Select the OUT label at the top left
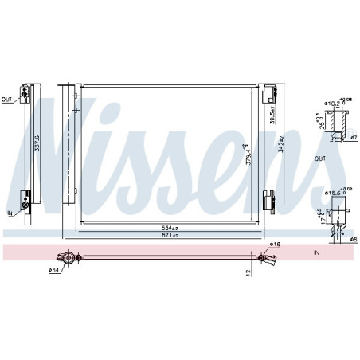tap(7, 100)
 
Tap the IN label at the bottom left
tap(10, 213)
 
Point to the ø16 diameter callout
tap(275, 245)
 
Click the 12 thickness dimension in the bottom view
tap(249, 272)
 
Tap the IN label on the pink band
tap(315, 252)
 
